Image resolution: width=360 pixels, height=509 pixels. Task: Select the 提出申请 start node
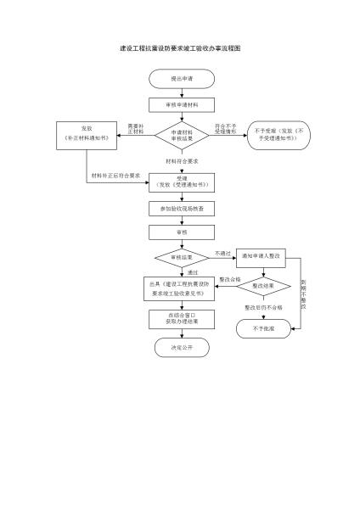181,79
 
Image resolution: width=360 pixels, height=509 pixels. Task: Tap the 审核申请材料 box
181,105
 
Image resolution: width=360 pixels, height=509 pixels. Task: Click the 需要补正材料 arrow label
134,127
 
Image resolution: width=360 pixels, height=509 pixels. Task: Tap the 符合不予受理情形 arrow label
225,127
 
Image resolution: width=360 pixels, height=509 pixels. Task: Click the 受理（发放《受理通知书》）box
181,182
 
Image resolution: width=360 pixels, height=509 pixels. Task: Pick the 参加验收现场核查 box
181,208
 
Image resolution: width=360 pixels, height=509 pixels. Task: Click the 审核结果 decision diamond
181,255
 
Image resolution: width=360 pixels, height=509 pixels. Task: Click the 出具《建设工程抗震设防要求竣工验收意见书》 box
181,288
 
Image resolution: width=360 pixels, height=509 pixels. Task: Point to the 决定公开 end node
181,347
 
